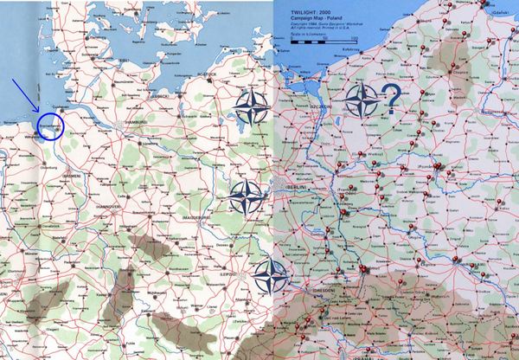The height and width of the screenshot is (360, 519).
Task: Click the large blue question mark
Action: point(391,102)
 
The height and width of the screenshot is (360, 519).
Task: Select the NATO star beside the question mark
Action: point(361,102)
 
